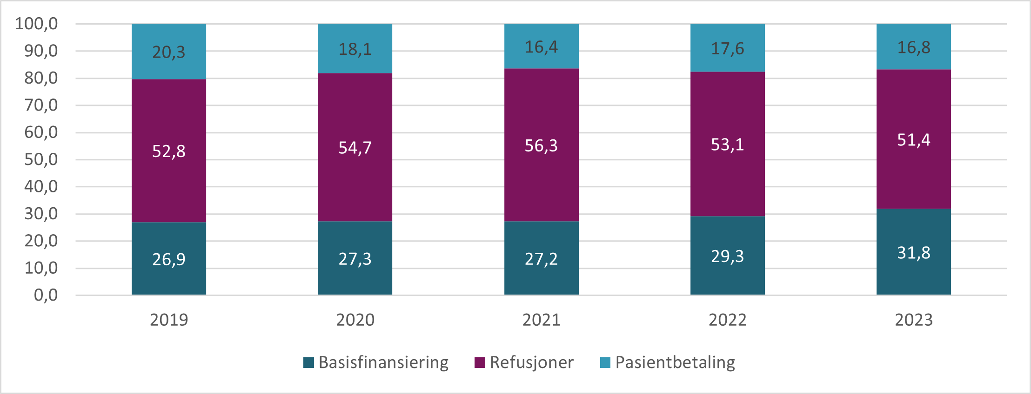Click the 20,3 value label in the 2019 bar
coord(168,52)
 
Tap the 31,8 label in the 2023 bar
coord(913,253)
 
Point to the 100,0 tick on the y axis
coord(36,24)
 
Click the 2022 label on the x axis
coord(727,320)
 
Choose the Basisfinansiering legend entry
coord(376,362)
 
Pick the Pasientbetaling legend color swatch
coord(605,362)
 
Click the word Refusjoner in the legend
coord(531,362)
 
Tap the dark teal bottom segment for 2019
coord(168,279)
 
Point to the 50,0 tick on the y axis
coord(41,159)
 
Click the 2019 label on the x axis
coord(168,320)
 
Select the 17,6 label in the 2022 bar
coord(727,48)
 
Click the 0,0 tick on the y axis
coord(46,295)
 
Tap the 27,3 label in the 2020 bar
coord(355,259)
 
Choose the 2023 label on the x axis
coord(913,320)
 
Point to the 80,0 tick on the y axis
coord(41,78)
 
